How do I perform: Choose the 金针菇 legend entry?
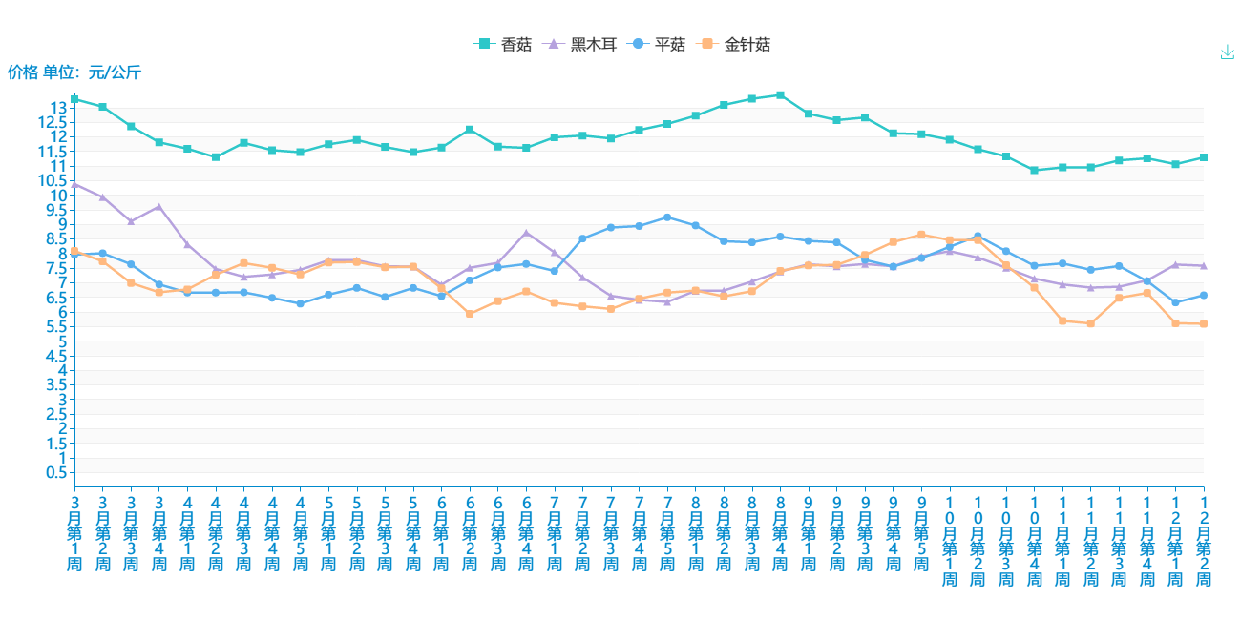coord(736,44)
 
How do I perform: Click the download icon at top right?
coord(1228,52)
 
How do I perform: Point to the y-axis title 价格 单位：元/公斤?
coord(74,72)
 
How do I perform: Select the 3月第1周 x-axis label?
coord(74,532)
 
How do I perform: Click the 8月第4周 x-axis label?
coord(780,532)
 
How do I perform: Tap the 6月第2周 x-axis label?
coord(470,532)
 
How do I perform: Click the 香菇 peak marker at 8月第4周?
coord(780,95)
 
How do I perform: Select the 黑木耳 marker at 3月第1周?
coord(74,183)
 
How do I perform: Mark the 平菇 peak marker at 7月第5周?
coord(667,217)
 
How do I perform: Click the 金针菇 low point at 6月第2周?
coord(470,314)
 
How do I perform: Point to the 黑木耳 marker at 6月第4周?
coord(526,232)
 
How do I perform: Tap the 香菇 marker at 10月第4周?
coord(1034,170)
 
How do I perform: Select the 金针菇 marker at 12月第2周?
coord(1204,324)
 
